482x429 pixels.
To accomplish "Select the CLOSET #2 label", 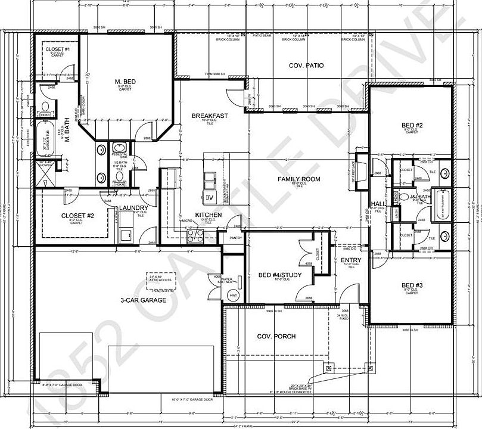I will [78, 216].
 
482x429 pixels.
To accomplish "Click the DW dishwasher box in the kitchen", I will [209, 197].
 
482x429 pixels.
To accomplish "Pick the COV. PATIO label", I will [306, 66].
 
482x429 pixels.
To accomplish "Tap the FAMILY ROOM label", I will [299, 179].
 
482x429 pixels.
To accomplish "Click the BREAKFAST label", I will [210, 116].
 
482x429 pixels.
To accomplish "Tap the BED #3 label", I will [412, 285].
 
